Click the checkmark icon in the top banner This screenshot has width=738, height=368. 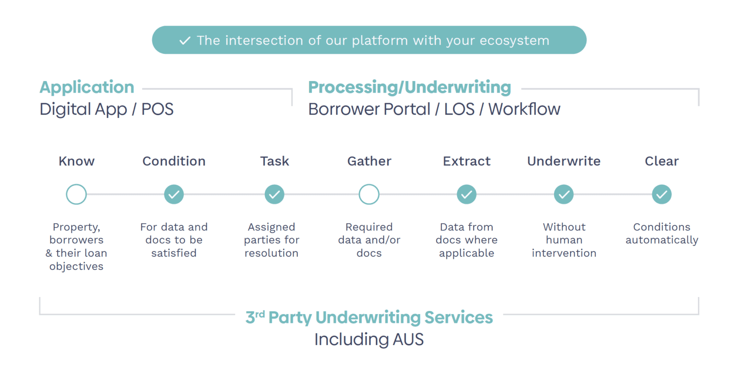point(185,41)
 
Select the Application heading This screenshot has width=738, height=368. point(87,87)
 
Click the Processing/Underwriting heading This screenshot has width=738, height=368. point(410,87)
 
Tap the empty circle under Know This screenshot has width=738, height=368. point(77,194)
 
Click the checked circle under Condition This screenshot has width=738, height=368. point(174,194)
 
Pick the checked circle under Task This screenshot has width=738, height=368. point(274,194)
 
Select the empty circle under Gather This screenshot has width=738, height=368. point(369,194)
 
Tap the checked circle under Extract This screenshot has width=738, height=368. point(467,194)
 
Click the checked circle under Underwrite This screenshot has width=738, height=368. point(564,194)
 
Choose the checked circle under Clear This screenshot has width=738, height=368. point(661,194)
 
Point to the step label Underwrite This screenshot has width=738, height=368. point(564,161)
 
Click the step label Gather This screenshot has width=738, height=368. point(369,161)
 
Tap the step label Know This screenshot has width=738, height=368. point(77,161)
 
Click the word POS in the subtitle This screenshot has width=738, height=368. point(157,110)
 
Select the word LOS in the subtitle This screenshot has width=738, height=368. point(459,110)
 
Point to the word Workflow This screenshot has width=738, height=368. point(524,110)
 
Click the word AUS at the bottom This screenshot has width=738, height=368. point(408,340)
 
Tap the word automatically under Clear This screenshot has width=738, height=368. point(661,240)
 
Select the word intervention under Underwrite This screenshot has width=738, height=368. point(564,253)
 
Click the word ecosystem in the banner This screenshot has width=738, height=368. point(514,41)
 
